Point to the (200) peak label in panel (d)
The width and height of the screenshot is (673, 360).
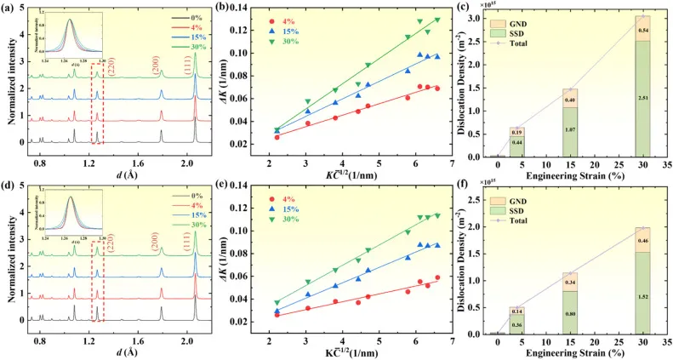(154, 266)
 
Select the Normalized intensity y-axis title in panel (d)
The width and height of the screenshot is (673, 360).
(9, 265)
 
